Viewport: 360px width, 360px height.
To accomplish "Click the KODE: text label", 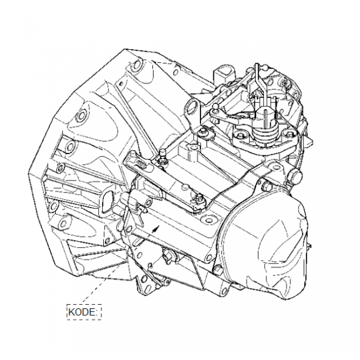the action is pyautogui.click(x=83, y=312).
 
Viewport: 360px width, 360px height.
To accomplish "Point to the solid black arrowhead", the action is pyautogui.click(x=157, y=229).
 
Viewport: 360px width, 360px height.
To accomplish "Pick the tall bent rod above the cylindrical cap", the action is pyautogui.click(x=260, y=85).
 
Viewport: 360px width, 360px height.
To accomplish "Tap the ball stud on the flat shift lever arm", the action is pyautogui.click(x=216, y=107).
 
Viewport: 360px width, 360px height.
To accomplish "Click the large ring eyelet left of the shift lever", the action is pyautogui.click(x=192, y=107).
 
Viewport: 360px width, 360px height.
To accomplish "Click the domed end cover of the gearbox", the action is pyautogui.click(x=264, y=244).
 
